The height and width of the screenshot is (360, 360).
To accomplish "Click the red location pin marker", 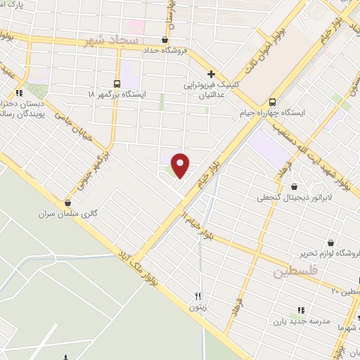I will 181,165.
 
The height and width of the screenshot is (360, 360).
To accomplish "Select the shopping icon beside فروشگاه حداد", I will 165,40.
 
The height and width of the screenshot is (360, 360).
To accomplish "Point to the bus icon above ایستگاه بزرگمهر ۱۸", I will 117,82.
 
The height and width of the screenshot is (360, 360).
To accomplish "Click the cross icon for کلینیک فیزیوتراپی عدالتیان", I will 210,74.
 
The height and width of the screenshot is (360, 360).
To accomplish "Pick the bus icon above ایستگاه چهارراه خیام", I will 273,101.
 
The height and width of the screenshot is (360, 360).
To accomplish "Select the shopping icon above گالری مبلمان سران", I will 67,202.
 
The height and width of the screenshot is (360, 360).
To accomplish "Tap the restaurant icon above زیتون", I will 198,296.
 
